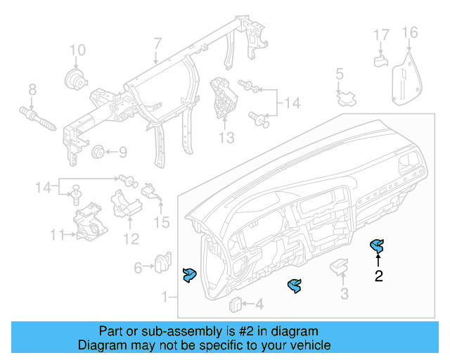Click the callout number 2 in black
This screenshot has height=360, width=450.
[378, 276]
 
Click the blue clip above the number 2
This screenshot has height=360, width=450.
[378, 247]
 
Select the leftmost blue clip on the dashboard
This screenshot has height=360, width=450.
[189, 276]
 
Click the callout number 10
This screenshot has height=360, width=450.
[77, 50]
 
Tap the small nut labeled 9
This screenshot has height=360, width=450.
[98, 151]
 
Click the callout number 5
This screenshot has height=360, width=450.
[339, 73]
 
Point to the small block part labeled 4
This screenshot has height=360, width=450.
[237, 304]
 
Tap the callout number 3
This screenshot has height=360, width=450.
[344, 294]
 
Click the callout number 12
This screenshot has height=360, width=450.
[131, 239]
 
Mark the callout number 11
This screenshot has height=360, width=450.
[57, 233]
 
